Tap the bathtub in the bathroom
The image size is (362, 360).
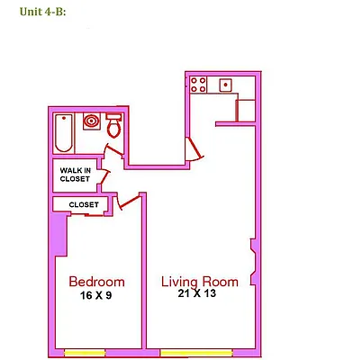(x=64, y=133)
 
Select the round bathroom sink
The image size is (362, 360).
(x=91, y=120)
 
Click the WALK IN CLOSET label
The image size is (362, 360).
(x=75, y=174)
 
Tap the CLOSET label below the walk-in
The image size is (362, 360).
(x=83, y=204)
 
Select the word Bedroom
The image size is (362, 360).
(x=96, y=282)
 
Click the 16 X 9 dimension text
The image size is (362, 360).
(x=95, y=295)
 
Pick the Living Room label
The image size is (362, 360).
(x=200, y=282)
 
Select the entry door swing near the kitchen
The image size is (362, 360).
(x=194, y=150)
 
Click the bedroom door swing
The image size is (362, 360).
(x=131, y=199)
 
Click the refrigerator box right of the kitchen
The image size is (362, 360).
(x=248, y=109)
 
